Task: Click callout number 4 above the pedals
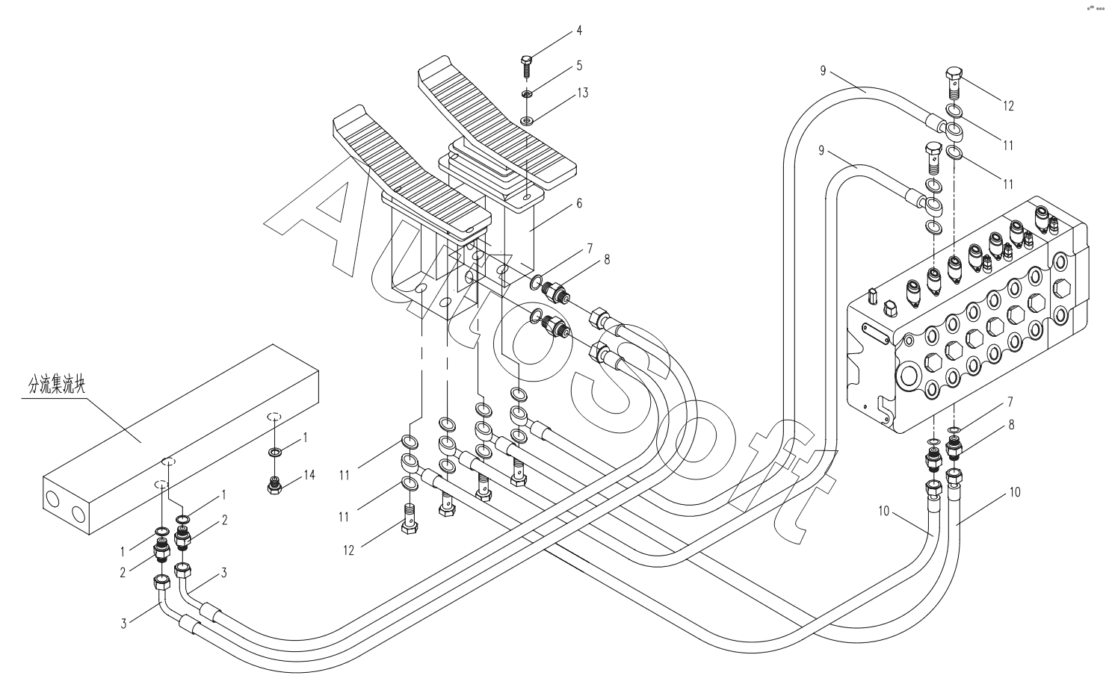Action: pyautogui.click(x=579, y=31)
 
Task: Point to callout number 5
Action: pyautogui.click(x=579, y=66)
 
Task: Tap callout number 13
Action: pyautogui.click(x=582, y=93)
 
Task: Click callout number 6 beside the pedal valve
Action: pyautogui.click(x=579, y=203)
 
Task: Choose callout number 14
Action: pyautogui.click(x=309, y=475)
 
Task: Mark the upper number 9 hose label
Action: pyautogui.click(x=823, y=70)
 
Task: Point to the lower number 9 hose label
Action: pyautogui.click(x=823, y=151)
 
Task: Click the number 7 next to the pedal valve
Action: pyautogui.click(x=589, y=247)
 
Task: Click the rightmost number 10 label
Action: pyautogui.click(x=1014, y=492)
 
